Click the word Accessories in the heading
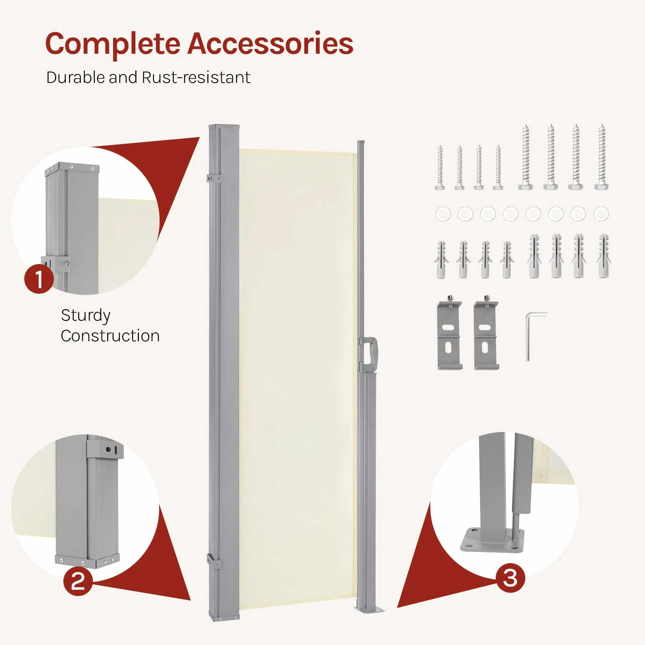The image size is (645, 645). click(x=271, y=43)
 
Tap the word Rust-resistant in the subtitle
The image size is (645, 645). click(x=196, y=77)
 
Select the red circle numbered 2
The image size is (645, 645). click(x=78, y=581)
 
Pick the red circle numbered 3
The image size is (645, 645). click(x=510, y=578)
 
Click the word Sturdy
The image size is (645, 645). click(x=86, y=316)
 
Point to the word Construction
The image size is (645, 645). click(x=110, y=336)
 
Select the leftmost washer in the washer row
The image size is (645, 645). click(x=443, y=214)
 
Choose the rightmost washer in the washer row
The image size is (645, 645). click(x=601, y=214)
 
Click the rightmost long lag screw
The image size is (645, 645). click(x=601, y=157)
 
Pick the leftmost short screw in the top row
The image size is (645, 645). click(x=440, y=167)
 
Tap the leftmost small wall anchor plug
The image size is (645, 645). click(x=441, y=260)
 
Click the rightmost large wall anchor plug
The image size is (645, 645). click(x=604, y=256)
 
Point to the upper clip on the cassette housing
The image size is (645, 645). click(x=213, y=179)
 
